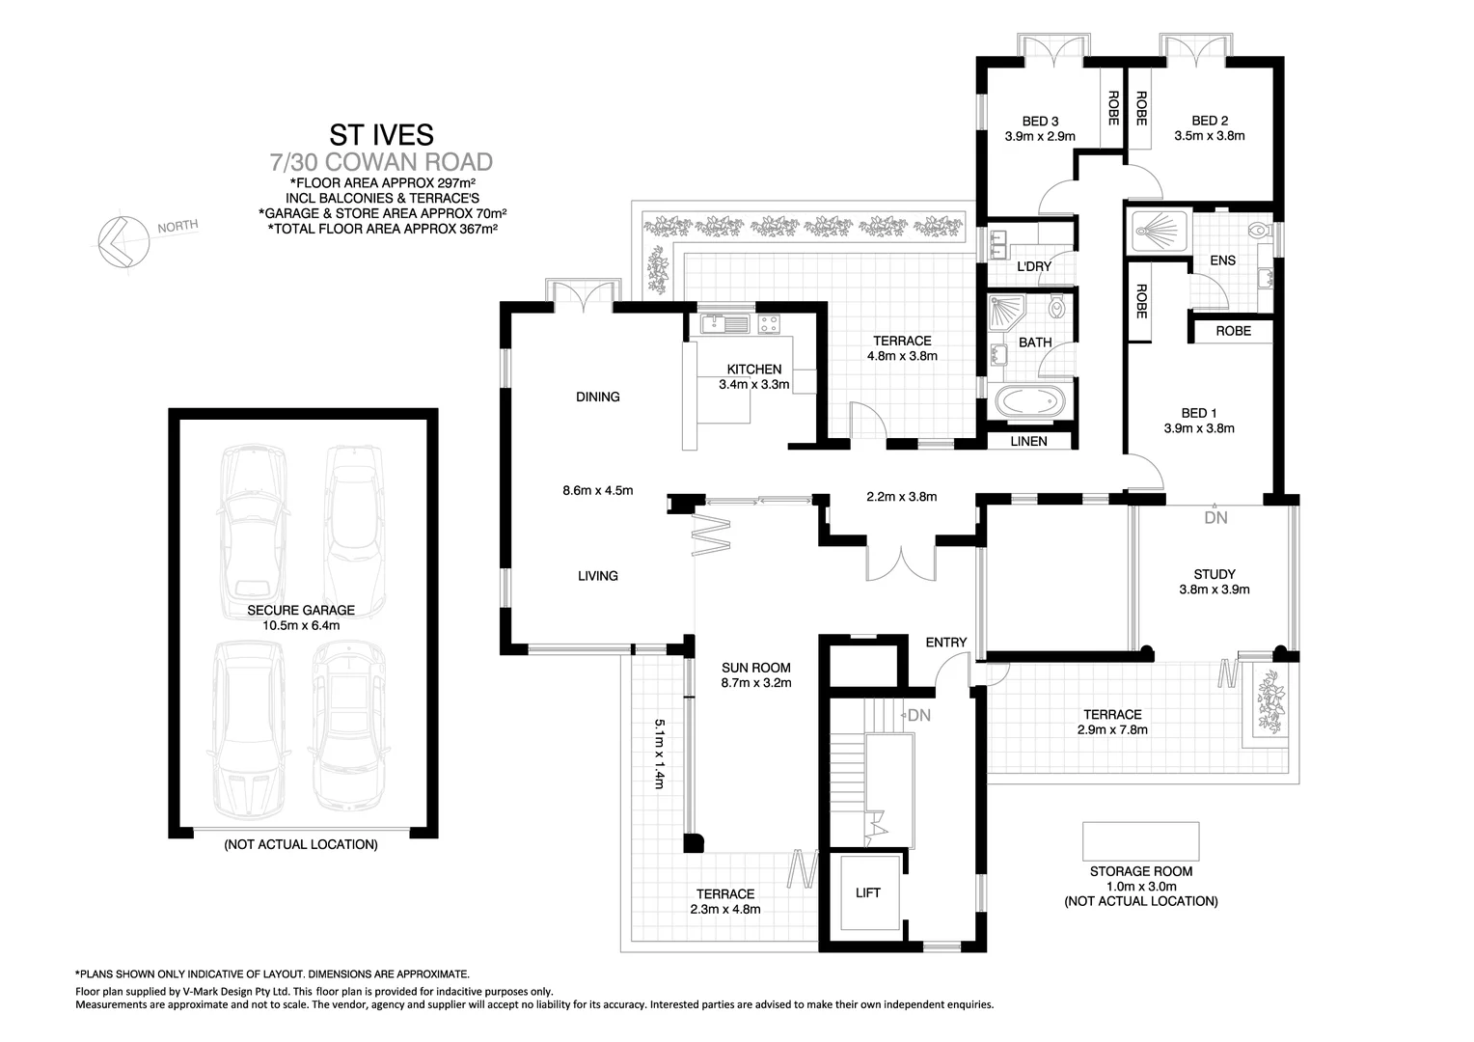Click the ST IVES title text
(382, 133)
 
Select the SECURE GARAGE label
(300, 610)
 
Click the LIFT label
(867, 892)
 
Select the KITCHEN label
(753, 370)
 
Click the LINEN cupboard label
(1028, 441)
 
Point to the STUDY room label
(1214, 574)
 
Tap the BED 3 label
(1040, 122)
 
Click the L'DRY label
(1034, 266)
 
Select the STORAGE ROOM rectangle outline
(1140, 840)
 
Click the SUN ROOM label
(756, 668)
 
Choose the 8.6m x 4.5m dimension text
(597, 490)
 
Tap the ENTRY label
(945, 643)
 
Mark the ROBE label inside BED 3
(1112, 108)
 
